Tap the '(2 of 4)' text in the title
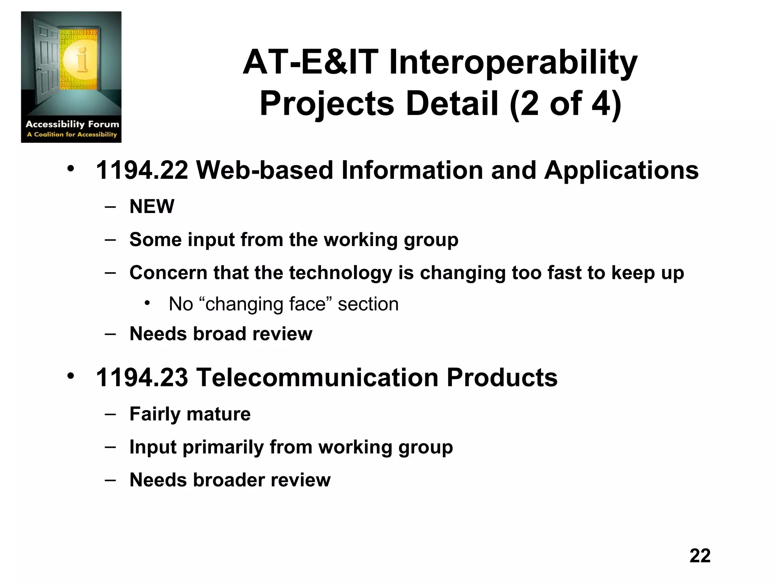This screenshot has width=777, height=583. click(x=565, y=104)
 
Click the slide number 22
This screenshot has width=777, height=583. click(x=700, y=556)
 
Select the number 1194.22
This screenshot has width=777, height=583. click(x=142, y=170)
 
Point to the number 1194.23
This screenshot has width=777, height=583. click(x=142, y=377)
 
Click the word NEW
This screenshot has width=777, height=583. click(x=152, y=206)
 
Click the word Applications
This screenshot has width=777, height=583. click(x=621, y=170)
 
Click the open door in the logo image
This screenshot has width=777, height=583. click(x=46, y=57)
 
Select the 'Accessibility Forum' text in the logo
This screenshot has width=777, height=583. click(x=72, y=124)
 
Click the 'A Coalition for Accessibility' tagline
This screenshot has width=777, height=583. click(x=72, y=134)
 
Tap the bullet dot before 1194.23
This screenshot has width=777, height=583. click(x=71, y=376)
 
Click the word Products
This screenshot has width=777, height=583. click(x=502, y=377)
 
